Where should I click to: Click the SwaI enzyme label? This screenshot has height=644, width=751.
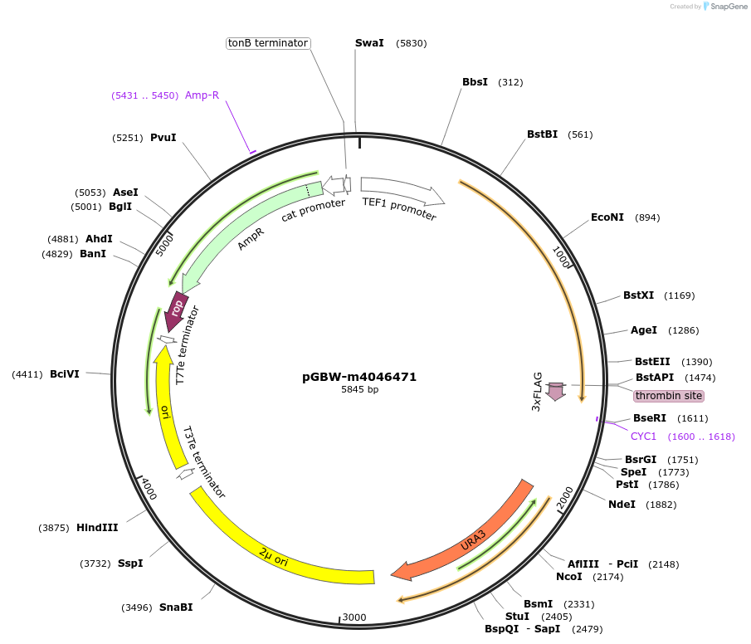(x=369, y=42)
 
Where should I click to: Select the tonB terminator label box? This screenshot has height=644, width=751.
(x=268, y=42)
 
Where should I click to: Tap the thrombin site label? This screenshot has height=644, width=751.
(x=669, y=396)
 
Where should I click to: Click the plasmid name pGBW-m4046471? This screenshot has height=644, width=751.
(x=359, y=377)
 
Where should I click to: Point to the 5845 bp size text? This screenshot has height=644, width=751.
(x=359, y=389)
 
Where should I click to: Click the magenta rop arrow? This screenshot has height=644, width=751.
(x=177, y=310)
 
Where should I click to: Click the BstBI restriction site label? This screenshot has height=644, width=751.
(x=542, y=134)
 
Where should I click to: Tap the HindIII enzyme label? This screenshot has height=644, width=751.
(x=97, y=527)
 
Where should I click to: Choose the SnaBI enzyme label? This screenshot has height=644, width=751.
(x=176, y=607)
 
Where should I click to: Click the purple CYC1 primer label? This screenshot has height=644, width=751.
(x=643, y=436)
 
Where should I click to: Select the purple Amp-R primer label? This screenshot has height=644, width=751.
(x=202, y=95)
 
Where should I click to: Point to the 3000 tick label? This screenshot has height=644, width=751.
(x=354, y=617)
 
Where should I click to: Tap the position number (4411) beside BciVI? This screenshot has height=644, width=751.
(x=27, y=374)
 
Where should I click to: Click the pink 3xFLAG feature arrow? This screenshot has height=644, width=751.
(x=556, y=390)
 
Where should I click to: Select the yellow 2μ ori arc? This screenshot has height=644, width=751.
(x=274, y=549)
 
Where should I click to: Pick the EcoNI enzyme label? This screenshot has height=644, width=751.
(x=607, y=217)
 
